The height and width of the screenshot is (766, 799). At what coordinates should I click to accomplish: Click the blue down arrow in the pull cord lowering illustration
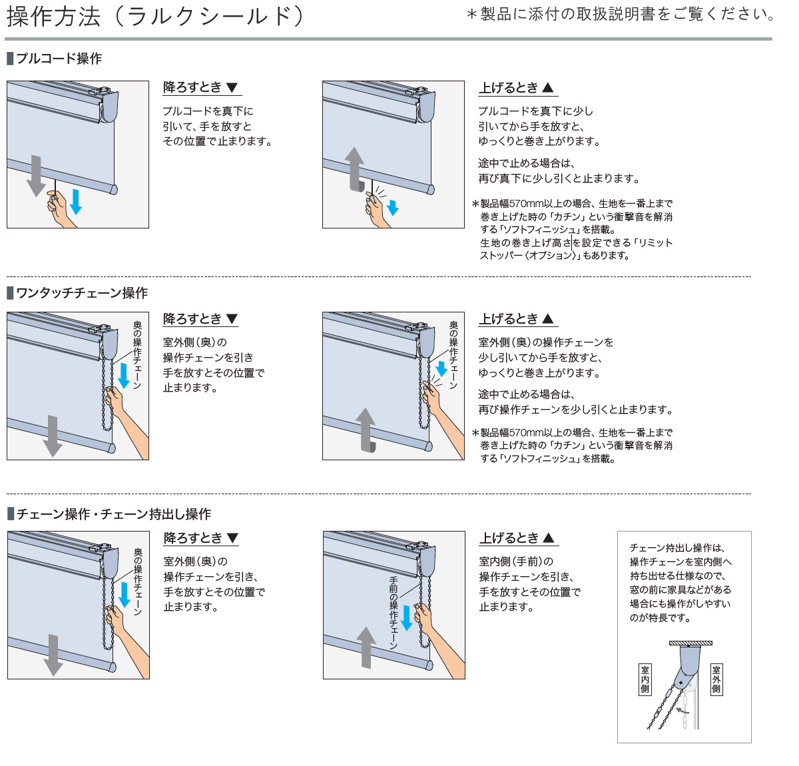76,201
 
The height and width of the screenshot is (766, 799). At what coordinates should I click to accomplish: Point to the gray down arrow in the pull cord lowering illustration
36,176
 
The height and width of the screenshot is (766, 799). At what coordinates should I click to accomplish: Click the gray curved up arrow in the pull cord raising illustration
356,169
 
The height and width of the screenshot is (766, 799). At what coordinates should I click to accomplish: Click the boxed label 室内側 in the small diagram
645,679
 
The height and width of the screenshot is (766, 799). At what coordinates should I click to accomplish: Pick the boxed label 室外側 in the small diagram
716,679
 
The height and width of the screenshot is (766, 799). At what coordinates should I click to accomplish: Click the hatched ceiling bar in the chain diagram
690,643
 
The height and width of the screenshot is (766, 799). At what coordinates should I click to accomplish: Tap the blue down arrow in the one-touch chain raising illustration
441,368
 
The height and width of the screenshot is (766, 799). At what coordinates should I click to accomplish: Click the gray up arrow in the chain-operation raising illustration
366,647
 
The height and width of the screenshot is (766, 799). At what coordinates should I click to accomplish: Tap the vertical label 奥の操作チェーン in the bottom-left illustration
138,581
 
